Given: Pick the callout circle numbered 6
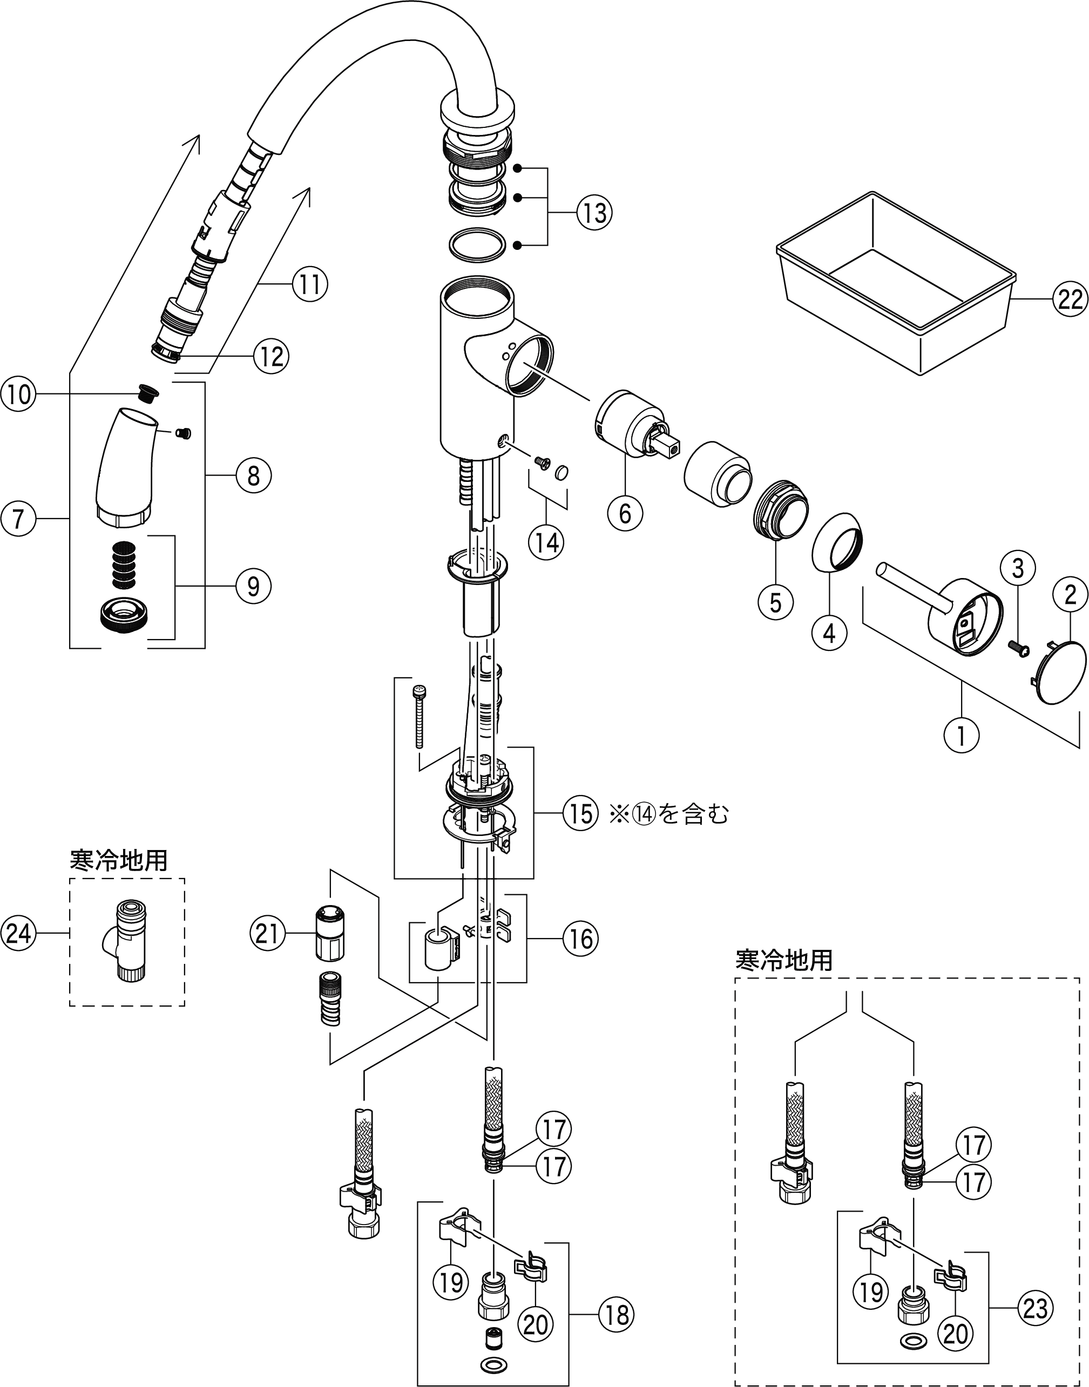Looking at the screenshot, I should [625, 513].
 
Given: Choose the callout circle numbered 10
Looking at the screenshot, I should [18, 394].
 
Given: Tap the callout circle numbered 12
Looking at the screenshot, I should [271, 356].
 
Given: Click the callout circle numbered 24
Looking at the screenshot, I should [18, 934].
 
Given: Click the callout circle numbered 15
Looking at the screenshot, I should [580, 814].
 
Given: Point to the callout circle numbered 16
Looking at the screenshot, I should [580, 939].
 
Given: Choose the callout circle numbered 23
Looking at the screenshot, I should [1036, 1309].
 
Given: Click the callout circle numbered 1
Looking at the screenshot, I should [961, 735].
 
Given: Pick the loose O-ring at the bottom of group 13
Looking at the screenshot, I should [478, 245].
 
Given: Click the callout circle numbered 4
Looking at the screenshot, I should [829, 633].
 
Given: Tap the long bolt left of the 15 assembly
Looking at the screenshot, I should [419, 716].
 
